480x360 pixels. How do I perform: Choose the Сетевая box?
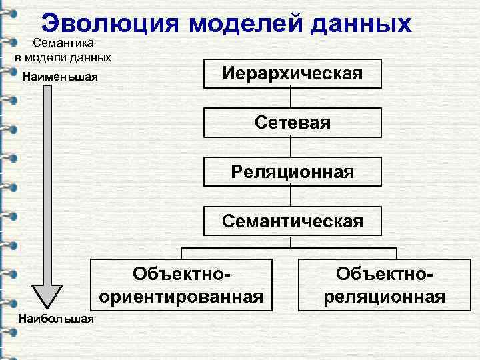[293, 123]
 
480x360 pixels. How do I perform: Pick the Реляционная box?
[293, 172]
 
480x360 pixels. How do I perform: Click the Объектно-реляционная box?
[385, 285]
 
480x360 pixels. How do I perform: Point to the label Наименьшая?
[60, 76]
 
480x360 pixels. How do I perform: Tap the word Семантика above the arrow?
[65, 42]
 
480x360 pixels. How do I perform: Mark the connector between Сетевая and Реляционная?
[292, 147]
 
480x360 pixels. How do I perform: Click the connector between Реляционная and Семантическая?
[292, 197]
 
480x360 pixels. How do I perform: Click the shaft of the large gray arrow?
[47, 187]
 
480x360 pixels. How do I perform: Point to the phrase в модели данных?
[63, 56]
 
